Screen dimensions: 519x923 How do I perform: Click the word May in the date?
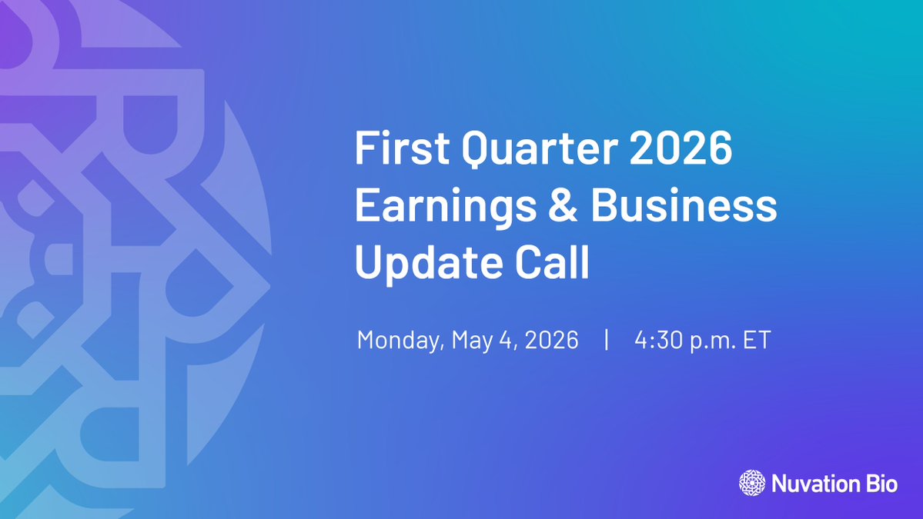point(472,341)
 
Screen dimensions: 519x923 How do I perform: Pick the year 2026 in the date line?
point(550,340)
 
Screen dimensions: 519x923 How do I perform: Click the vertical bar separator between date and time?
point(607,340)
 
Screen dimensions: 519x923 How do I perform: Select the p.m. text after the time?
point(713,341)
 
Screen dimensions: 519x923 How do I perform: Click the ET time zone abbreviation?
point(756,340)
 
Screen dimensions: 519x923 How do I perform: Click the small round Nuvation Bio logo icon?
point(752,483)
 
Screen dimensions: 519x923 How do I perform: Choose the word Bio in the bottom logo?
point(882,484)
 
